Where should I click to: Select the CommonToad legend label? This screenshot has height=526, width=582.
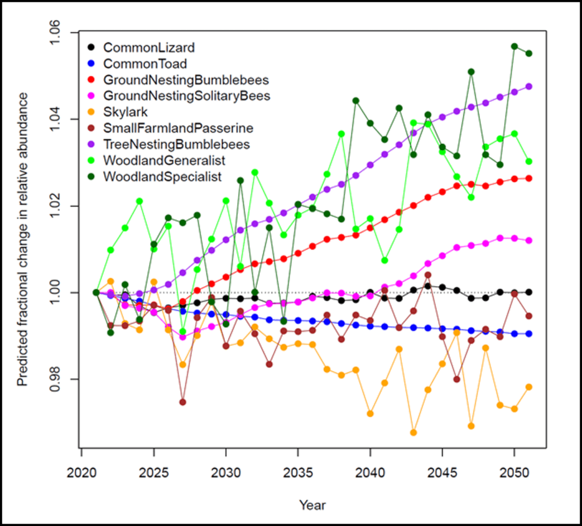(146, 64)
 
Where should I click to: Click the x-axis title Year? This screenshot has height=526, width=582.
(312, 504)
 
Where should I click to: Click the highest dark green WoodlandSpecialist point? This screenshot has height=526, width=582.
(514, 46)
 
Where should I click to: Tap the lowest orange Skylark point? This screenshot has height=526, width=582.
(414, 433)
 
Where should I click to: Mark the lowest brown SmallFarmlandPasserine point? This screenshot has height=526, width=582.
(183, 402)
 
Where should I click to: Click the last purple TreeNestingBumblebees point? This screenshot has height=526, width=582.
(529, 86)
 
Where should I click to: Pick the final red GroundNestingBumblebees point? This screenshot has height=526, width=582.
(529, 178)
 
